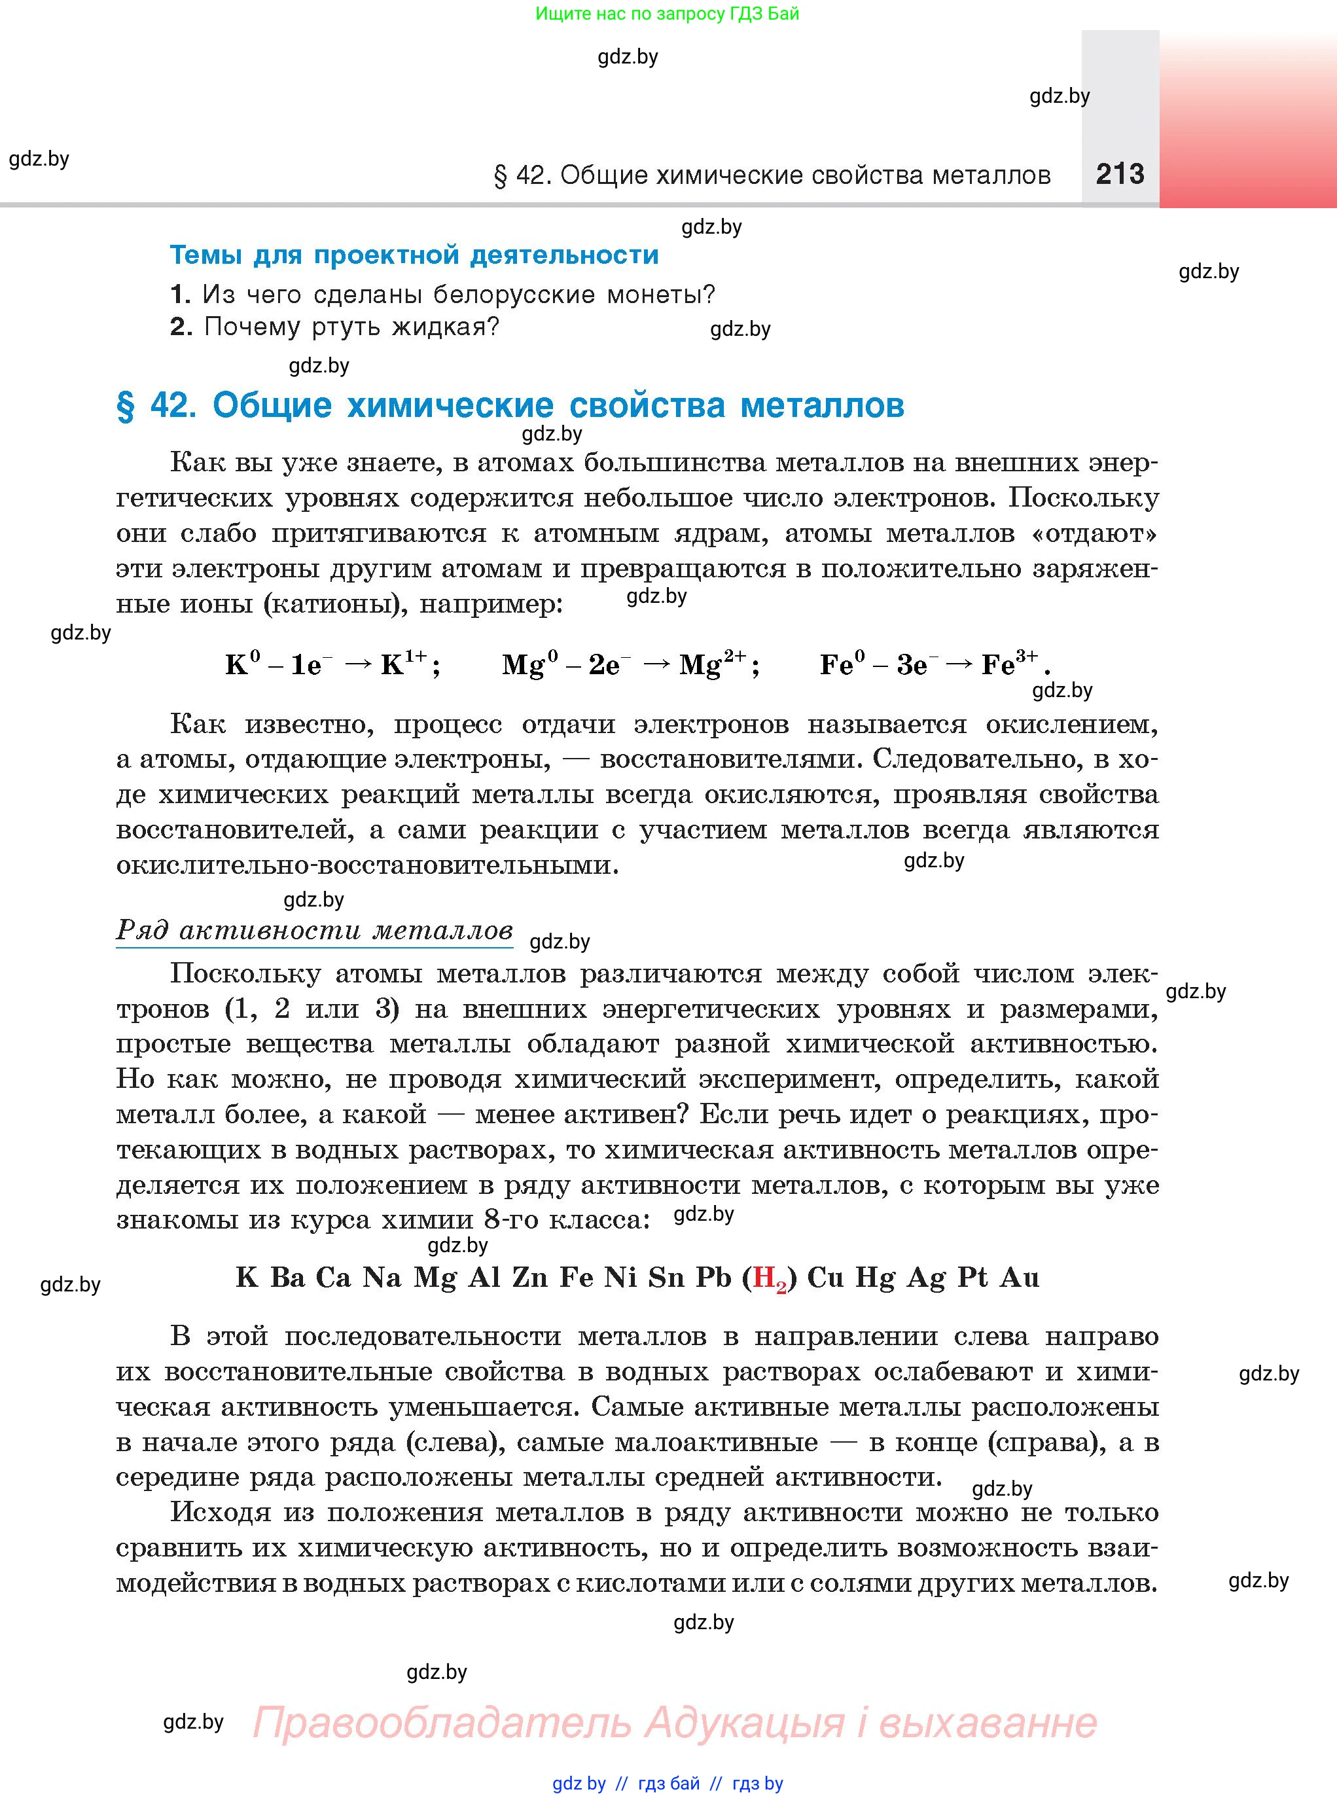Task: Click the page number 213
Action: coord(1120,174)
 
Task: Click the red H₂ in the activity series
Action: coord(770,1278)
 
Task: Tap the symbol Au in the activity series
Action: coord(1020,1277)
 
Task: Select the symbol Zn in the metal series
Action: coord(530,1277)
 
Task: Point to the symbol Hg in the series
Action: coord(876,1278)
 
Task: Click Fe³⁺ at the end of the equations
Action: coord(1008,664)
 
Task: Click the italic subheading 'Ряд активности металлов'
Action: coord(314,930)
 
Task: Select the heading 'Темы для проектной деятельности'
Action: coord(414,255)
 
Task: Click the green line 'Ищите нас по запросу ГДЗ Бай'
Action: coord(667,14)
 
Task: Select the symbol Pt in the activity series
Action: coord(972,1277)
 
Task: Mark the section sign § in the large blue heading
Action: coord(126,405)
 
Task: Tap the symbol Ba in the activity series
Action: coord(287,1277)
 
